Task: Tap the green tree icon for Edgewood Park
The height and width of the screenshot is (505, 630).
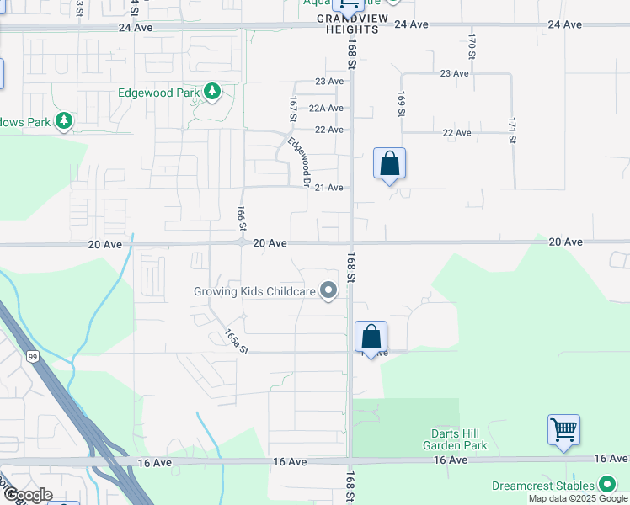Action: [212, 91]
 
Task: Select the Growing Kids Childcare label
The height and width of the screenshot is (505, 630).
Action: [254, 292]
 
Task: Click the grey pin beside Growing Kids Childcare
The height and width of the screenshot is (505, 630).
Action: [328, 292]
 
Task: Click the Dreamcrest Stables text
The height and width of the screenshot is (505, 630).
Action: [541, 486]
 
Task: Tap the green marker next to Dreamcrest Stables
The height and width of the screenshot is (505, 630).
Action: [606, 485]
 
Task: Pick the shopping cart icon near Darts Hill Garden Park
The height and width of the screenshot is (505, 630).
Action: [563, 430]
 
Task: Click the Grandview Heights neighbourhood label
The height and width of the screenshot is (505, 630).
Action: [350, 23]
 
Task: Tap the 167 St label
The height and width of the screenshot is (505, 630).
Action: [291, 109]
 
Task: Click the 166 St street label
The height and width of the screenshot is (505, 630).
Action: [242, 218]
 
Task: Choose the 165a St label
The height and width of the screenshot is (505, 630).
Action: [238, 341]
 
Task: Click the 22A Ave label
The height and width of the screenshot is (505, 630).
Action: [326, 108]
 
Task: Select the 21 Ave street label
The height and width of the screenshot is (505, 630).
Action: [328, 187]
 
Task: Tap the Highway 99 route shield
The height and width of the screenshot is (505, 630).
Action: [32, 357]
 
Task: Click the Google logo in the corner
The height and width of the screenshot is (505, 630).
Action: [27, 495]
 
